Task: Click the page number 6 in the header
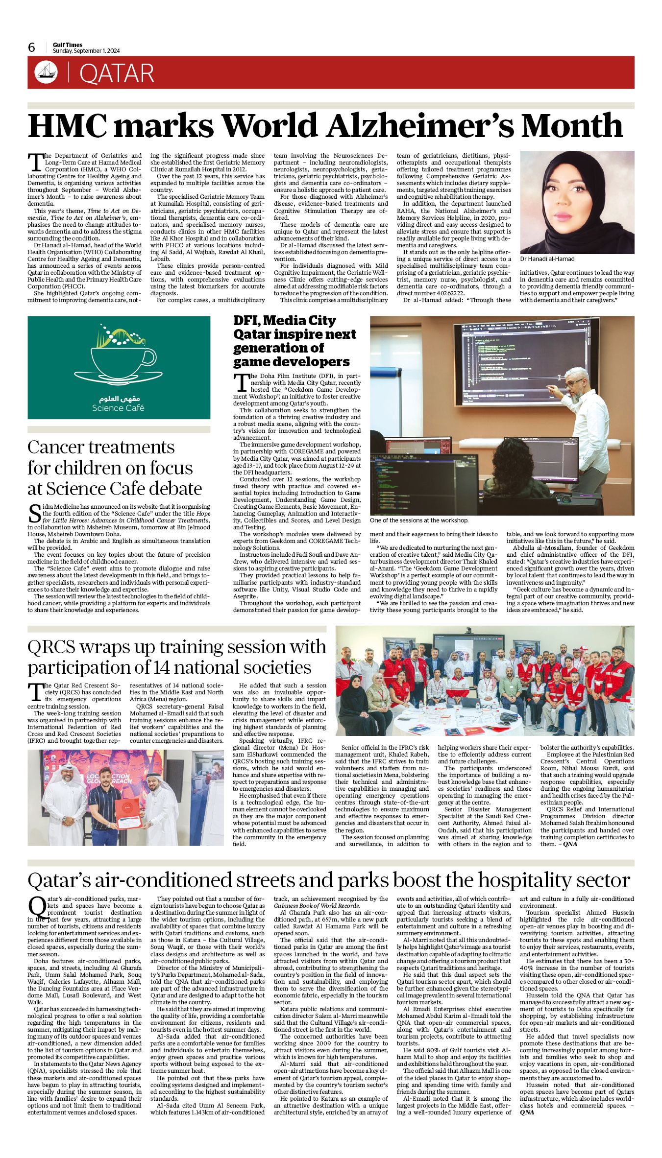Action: (x=32, y=47)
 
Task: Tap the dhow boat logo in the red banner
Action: (x=46, y=72)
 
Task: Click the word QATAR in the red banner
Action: (x=117, y=73)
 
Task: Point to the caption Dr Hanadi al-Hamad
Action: (x=547, y=259)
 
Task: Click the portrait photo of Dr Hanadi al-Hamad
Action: (x=577, y=202)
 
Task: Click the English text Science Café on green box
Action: (x=118, y=408)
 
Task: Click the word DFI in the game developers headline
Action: (x=248, y=321)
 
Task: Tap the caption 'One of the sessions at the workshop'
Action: (x=419, y=520)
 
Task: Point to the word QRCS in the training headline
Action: (x=51, y=647)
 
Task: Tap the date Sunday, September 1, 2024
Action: (x=86, y=51)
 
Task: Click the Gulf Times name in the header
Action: (x=68, y=45)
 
